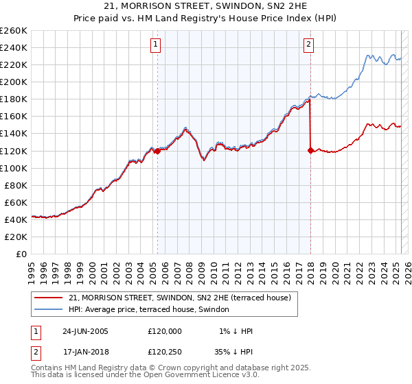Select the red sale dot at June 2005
pyautogui.click(x=157, y=151)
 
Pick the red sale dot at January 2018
pyautogui.click(x=310, y=150)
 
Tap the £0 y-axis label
pyautogui.click(x=21, y=254)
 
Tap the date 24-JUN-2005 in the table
pyautogui.click(x=85, y=331)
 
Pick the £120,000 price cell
pyautogui.click(x=165, y=331)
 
